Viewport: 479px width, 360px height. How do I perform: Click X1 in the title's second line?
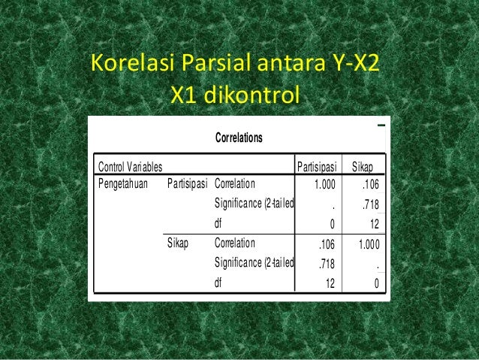[184, 95]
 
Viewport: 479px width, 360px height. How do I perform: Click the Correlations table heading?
[239, 138]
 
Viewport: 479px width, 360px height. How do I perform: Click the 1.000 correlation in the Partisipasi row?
[324, 183]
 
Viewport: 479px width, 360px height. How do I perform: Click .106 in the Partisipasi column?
[326, 244]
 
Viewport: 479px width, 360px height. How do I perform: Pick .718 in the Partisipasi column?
[326, 264]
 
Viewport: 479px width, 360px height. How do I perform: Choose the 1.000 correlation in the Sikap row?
[368, 244]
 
